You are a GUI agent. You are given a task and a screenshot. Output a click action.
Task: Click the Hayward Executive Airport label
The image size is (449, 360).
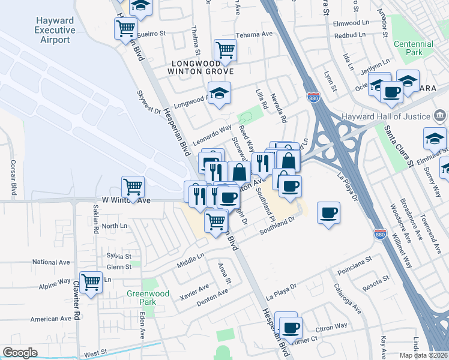point(55,30)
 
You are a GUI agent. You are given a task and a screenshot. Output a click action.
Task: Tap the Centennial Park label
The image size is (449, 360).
point(414,49)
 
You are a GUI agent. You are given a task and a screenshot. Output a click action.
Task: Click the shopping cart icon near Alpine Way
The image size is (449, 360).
point(91,282)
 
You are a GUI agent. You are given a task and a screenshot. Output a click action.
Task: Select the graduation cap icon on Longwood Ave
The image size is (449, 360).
point(220,93)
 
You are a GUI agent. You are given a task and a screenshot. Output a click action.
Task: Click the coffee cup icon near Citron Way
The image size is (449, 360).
point(291,328)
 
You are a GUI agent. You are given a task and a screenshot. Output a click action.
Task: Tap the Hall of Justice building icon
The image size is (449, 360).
point(440,116)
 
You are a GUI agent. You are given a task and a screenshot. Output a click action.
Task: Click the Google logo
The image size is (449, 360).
point(20,353)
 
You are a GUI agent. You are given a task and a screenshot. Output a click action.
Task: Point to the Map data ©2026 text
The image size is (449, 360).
point(423,355)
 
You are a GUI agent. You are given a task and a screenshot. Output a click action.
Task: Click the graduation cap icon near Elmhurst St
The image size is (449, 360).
point(434,139)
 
